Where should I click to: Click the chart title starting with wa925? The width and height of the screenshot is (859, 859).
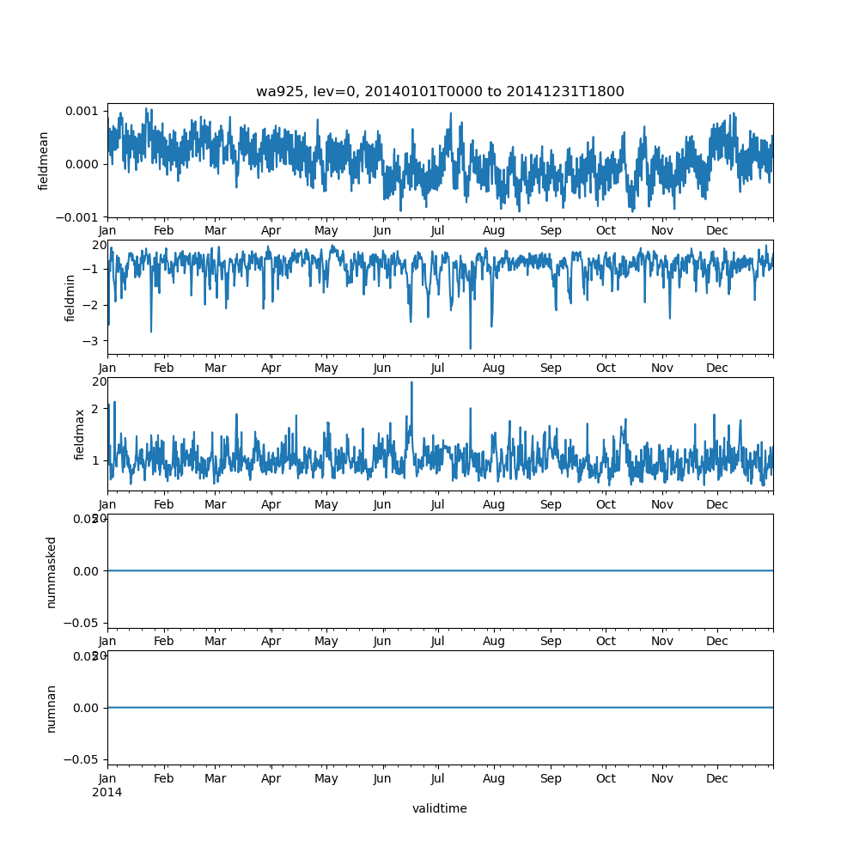[x=440, y=92]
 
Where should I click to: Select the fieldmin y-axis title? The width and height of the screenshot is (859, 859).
[x=70, y=297]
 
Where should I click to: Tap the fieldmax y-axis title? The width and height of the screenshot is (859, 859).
[x=80, y=434]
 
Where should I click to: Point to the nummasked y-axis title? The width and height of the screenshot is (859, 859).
[x=51, y=571]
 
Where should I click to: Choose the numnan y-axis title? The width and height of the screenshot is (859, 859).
[x=51, y=708]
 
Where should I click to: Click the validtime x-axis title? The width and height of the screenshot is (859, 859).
[x=440, y=808]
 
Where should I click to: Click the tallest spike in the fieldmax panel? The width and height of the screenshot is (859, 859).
[x=411, y=382]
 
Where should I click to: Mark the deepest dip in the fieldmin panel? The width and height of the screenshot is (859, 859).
[x=470, y=349]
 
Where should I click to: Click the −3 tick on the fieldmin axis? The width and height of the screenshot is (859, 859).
[x=93, y=341]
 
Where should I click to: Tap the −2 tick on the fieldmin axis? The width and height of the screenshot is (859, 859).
[x=93, y=305]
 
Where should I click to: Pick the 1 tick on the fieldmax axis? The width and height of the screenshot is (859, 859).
[x=96, y=461]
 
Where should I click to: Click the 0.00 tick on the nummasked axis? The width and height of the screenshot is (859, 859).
[x=87, y=571]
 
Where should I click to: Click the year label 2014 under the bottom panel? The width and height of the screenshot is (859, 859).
[x=107, y=792]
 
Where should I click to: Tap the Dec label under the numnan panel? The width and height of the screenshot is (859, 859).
[x=717, y=779]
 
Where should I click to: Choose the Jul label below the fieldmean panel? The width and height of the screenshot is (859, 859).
[x=438, y=231]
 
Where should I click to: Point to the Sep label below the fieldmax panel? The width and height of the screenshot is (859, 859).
[x=551, y=505]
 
